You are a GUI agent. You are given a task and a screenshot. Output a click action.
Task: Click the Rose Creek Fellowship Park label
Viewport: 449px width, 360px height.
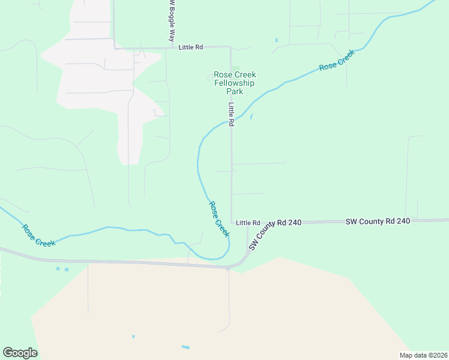tap(234, 83)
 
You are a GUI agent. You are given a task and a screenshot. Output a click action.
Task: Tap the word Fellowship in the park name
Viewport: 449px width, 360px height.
tap(234, 83)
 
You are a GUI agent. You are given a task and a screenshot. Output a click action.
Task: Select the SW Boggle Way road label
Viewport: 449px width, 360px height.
tap(171, 22)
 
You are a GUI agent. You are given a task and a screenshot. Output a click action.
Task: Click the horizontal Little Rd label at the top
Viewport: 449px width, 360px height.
tap(190, 47)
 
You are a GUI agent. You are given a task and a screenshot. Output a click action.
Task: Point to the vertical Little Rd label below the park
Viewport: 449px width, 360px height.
tap(231, 109)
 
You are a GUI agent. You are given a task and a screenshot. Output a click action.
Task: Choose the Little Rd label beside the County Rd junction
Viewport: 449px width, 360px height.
tap(248, 223)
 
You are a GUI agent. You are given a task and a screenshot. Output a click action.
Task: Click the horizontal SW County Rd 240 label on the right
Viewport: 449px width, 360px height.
tap(378, 221)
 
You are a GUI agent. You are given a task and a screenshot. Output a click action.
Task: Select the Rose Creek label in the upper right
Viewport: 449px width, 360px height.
tap(337, 60)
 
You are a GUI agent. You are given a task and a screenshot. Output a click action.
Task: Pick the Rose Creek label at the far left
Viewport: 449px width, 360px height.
tap(38, 235)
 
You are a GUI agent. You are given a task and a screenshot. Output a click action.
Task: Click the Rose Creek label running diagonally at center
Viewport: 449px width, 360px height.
tap(219, 218)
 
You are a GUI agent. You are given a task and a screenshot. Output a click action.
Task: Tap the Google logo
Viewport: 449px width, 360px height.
tap(20, 353)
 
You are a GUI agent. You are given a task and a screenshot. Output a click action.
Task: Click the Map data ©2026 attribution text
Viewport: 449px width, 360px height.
tap(423, 355)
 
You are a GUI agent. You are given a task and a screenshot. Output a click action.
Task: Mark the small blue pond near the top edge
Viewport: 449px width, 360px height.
tap(276, 40)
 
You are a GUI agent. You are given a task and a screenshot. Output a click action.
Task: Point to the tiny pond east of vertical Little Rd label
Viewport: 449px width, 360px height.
tap(251, 116)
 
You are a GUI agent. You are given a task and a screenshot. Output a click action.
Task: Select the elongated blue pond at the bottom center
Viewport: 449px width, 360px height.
tap(185, 347)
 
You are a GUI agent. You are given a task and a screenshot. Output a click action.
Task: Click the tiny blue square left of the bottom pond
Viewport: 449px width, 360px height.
tap(133, 336)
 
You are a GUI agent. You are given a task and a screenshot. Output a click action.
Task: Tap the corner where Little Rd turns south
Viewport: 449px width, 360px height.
tap(231, 47)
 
